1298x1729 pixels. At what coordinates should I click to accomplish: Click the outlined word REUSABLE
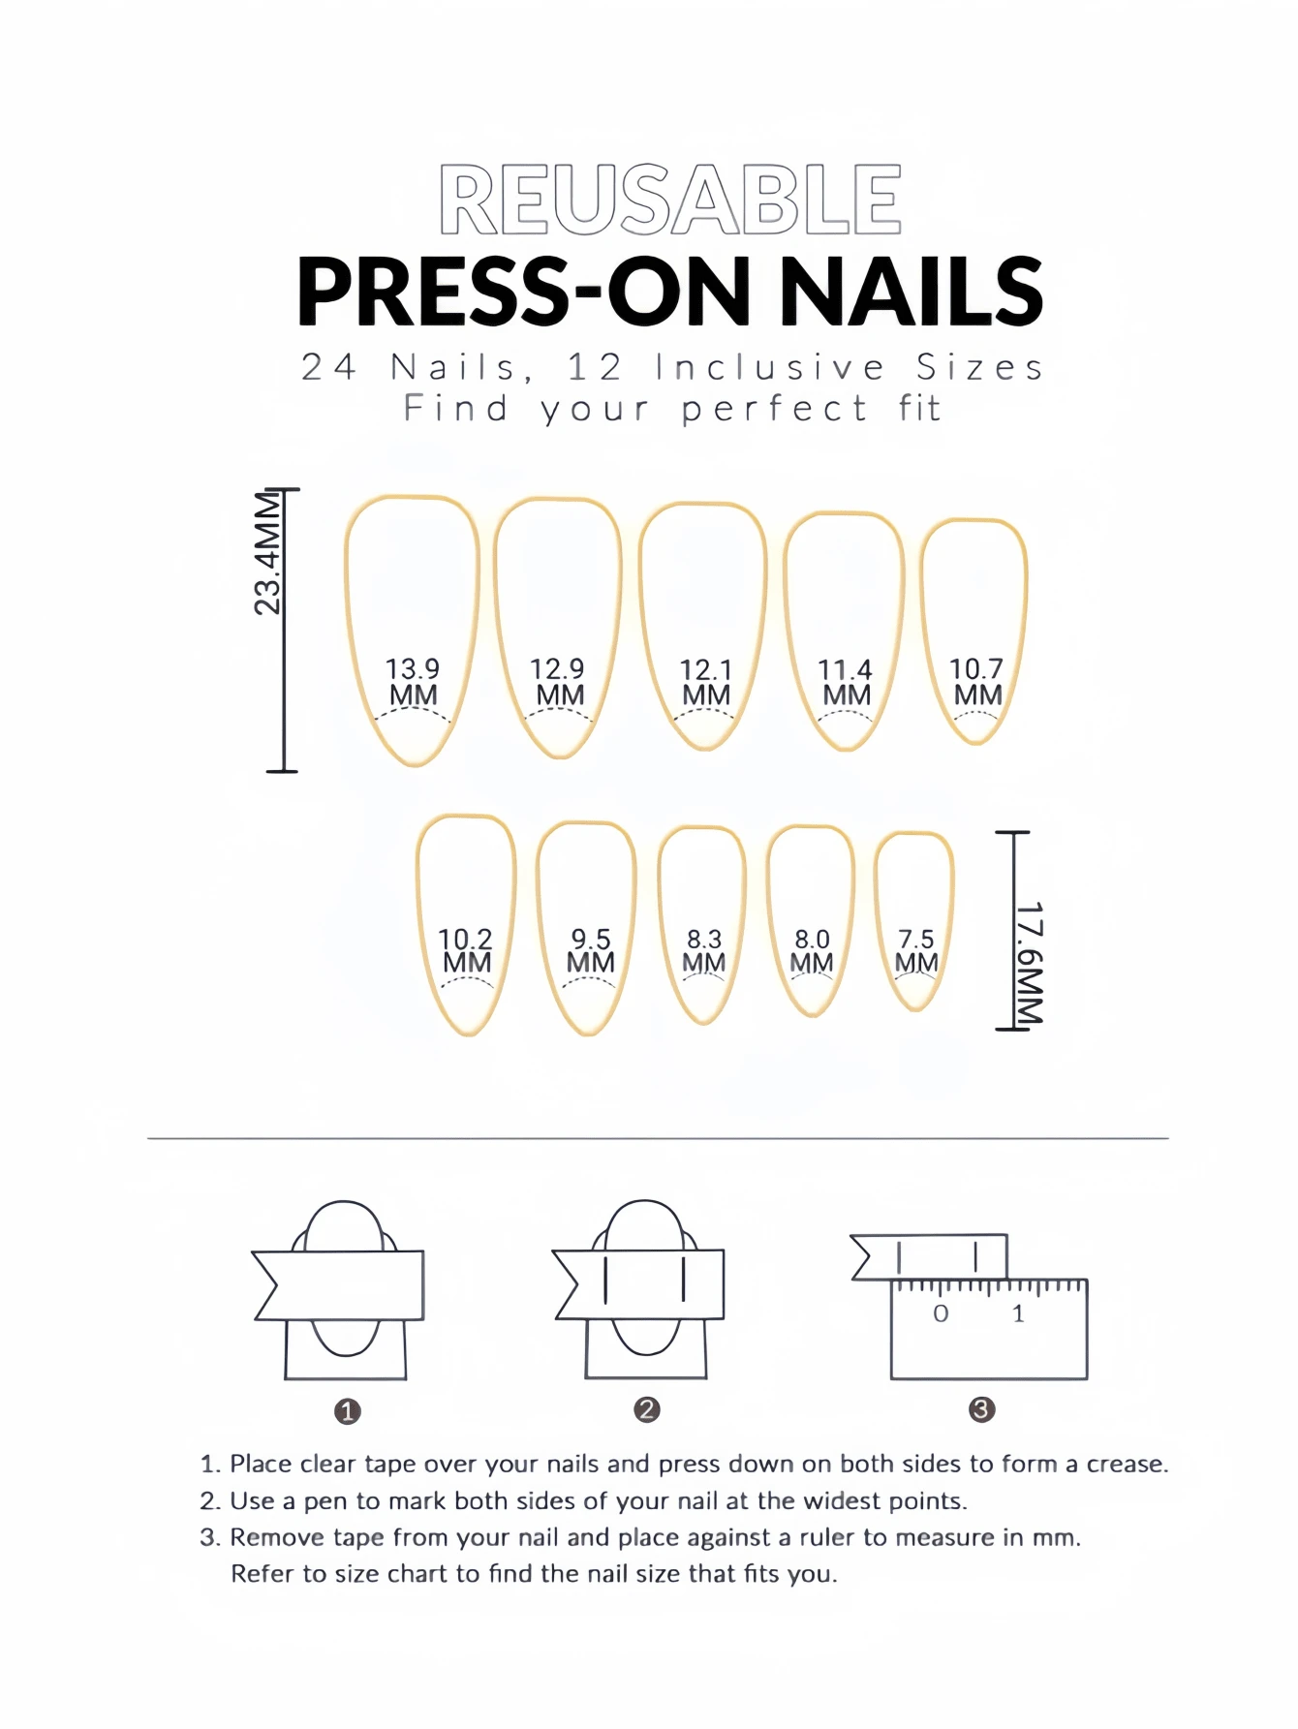670,200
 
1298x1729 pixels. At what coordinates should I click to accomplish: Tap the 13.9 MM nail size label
413,682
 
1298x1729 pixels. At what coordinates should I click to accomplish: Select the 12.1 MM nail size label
705,682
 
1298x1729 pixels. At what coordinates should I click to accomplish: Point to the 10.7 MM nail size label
976,682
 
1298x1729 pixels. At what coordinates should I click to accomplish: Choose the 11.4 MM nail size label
846,682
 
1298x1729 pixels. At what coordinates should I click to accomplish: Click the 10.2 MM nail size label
466,950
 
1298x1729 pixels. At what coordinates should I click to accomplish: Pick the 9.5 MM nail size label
591,950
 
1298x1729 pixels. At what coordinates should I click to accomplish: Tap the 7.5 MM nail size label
916,950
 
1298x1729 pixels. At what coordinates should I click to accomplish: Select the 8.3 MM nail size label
704,950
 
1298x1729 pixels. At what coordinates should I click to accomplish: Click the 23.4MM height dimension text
267,553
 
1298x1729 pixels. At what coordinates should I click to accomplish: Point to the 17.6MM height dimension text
1029,963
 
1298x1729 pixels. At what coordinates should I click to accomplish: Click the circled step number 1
347,1411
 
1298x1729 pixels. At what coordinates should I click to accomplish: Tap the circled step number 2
647,1409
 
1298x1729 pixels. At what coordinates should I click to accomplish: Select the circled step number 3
981,1409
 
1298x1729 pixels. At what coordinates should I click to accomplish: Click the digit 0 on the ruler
941,1314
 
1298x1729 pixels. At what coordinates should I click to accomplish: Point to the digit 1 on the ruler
1018,1314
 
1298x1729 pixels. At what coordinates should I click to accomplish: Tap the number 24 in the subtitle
329,367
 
